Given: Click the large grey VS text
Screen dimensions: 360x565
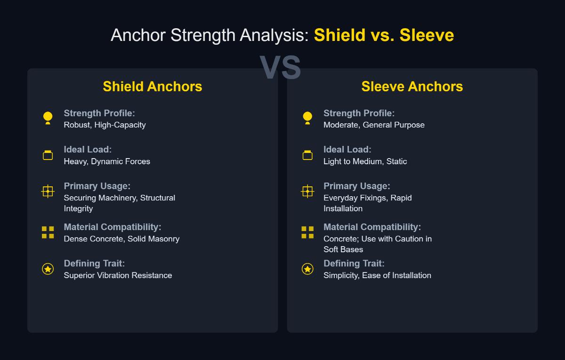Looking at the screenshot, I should [280, 68].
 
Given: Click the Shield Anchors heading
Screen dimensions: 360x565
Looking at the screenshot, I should [153, 87].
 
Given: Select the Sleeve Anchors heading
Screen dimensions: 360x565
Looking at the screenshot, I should [412, 87].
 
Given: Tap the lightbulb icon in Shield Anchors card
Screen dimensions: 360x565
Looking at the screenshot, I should [48, 118].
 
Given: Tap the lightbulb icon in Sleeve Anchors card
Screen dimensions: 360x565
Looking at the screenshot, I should [307, 118].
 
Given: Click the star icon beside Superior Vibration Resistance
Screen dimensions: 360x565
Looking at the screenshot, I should [48, 269].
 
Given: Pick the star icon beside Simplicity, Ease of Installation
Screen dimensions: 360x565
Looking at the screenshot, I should [307, 269].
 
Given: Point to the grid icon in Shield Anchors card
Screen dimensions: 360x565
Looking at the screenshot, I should [48, 232].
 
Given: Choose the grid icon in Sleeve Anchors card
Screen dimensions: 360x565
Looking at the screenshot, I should [307, 232].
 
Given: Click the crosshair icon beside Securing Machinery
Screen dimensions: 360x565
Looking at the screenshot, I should [48, 192].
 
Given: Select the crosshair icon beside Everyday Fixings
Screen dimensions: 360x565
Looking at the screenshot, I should [307, 192].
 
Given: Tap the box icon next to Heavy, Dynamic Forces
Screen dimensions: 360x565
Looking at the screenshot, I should [48, 155].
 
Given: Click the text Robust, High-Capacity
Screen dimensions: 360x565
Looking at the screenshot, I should [105, 125].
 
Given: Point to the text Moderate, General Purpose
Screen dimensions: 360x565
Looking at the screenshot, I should [374, 125].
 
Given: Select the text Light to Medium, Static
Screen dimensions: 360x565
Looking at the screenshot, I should [365, 161].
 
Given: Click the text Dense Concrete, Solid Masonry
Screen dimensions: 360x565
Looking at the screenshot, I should [121, 239].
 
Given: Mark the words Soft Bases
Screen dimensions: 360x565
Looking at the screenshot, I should [343, 249].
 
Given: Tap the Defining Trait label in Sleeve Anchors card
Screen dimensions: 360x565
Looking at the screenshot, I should [354, 264].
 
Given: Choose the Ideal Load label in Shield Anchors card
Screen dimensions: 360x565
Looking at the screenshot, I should [88, 150].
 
